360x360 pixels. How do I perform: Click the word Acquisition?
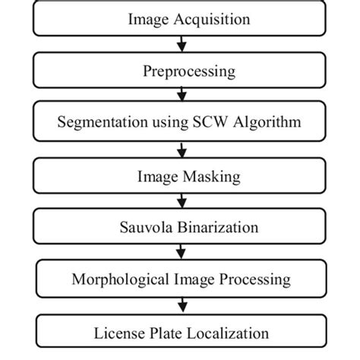[x=212, y=20]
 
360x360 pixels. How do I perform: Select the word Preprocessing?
[x=189, y=71]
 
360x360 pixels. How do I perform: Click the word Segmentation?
[x=103, y=122]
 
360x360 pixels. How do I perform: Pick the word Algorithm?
[x=267, y=122]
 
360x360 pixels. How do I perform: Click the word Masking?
[x=211, y=177]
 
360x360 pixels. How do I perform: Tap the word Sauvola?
[x=146, y=227]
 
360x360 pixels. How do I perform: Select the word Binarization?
[x=218, y=227]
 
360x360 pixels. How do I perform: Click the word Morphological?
[x=120, y=279]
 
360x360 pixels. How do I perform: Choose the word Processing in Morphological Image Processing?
[x=254, y=279]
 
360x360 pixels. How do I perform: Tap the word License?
[x=119, y=333]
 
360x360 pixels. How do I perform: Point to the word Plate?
[x=166, y=333]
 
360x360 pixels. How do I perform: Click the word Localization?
[x=228, y=333]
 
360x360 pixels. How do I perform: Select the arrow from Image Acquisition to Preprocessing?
[x=182, y=44]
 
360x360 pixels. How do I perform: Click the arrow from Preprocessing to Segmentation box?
[x=182, y=93]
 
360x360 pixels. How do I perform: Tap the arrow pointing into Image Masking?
[x=182, y=150]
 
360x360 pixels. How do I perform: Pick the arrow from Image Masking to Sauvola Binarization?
[x=182, y=201]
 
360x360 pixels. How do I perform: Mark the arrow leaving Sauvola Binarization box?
[x=181, y=251]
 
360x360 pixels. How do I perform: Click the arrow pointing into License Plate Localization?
[x=182, y=305]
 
